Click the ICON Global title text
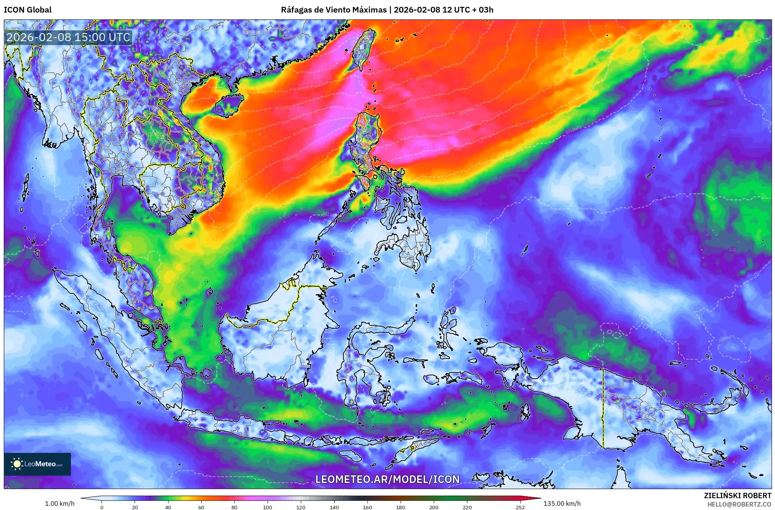coord(27,10)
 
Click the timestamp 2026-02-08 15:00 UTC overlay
coord(69,37)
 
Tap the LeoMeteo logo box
coord(37,464)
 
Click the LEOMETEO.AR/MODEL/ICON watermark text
coord(387,479)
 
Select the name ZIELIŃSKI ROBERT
coord(737,496)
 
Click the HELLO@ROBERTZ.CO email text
coord(739,504)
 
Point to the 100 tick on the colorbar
coord(268,507)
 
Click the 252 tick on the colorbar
coord(520,507)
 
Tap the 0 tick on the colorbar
coord(101,507)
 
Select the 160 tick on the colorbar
coord(367,507)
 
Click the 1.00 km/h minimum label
coord(60,504)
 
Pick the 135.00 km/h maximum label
coord(562,504)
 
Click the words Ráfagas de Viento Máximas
coord(334,10)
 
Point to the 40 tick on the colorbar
coord(168,507)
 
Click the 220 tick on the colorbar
coord(467,507)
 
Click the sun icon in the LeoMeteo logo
coord(17,464)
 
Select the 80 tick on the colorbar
coord(234,507)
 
